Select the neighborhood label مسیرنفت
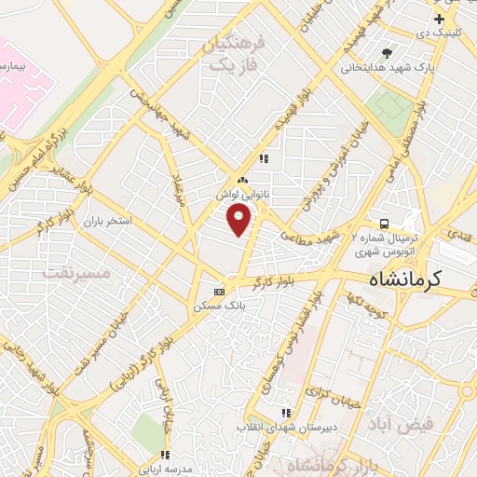click(76, 273)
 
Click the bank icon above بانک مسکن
click(220, 291)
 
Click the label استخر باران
click(108, 223)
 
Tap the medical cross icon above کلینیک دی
click(439, 19)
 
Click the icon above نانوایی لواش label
click(242, 180)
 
